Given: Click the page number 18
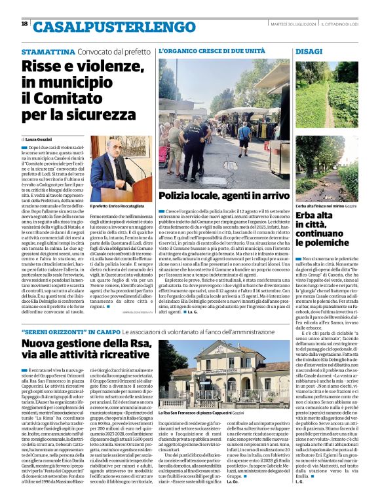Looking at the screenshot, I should tap(24, 24).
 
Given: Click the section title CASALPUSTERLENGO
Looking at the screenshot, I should tap(96, 27).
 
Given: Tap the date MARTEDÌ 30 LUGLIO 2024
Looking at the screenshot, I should tap(294, 24).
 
